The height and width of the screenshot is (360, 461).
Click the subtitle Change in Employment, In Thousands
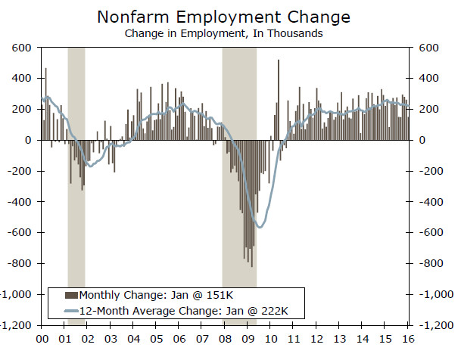pos(226,33)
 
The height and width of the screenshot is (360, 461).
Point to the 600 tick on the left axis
pos(20,48)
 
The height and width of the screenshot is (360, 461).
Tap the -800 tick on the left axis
pos(17,263)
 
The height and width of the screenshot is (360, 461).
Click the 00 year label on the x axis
pos(42,339)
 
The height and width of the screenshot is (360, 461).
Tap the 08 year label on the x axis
pos(225,339)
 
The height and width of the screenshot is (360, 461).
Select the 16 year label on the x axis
pos(408,339)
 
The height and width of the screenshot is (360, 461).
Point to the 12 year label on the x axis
pos(316,339)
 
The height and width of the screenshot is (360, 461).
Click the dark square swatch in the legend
pos(72,295)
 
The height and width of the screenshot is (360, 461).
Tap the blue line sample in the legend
pos(72,311)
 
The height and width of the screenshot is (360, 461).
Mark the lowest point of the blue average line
pos(260,227)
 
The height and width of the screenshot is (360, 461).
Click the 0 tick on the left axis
pos(27,140)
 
